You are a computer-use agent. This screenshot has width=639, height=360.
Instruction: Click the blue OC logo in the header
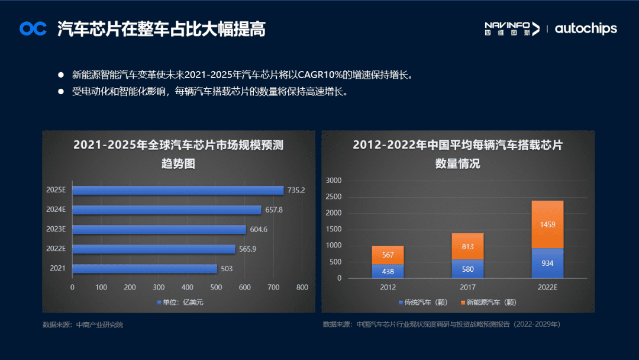pos(33,28)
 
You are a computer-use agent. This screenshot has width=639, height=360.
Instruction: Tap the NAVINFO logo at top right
pos(512,28)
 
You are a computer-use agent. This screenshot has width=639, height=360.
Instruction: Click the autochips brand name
pos(586,28)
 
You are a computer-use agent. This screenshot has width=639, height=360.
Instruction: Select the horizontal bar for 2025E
pos(177,190)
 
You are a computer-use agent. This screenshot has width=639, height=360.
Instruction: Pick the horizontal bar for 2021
pos(144,268)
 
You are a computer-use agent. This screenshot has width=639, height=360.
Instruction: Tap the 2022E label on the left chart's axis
pos(56,249)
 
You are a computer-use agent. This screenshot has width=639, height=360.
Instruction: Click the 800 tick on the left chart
pos(302,287)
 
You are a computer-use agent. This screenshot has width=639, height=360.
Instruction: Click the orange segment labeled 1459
pos(547,224)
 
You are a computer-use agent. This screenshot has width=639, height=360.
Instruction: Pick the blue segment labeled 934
pos(547,263)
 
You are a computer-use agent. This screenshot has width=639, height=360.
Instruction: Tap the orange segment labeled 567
pos(388,255)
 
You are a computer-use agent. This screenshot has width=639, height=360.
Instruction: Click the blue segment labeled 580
pos(467,268)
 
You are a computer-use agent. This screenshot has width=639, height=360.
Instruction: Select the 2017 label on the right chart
pos(467,287)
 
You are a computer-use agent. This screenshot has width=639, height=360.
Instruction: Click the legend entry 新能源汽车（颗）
pos(491,303)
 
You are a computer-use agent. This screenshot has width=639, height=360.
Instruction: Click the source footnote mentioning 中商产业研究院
pos(83,325)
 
